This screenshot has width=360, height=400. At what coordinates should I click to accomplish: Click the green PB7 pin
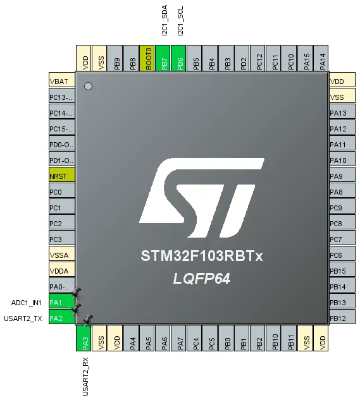click(163, 58)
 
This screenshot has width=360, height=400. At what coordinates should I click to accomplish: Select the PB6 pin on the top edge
click(178, 58)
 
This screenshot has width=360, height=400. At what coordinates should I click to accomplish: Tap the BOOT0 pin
click(147, 58)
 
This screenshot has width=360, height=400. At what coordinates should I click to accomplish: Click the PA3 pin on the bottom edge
click(84, 338)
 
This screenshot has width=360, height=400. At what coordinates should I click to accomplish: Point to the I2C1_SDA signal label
click(164, 20)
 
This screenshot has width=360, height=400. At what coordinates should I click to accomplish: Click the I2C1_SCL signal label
click(180, 21)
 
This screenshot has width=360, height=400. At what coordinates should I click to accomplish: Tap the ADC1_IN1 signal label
click(27, 303)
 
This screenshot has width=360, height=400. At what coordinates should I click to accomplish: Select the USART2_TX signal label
click(23, 318)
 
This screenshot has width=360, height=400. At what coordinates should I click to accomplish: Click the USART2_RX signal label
click(85, 377)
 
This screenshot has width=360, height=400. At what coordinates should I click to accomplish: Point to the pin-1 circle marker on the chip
click(88, 86)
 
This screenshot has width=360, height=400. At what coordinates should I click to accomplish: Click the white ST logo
click(202, 198)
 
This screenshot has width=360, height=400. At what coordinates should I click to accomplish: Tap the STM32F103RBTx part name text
click(202, 256)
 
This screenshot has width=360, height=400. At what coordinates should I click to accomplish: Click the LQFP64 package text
click(202, 279)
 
